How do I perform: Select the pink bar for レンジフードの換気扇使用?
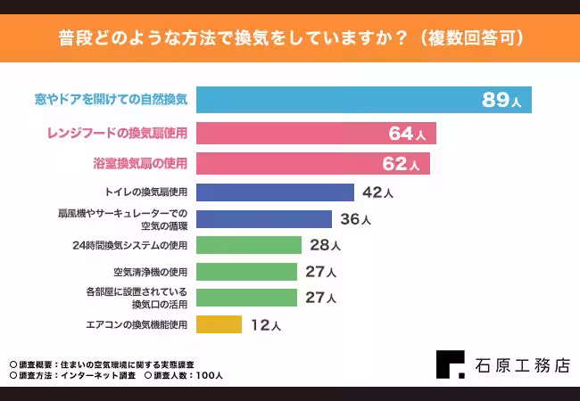316,134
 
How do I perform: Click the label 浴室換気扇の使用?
140,164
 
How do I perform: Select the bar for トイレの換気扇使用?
275,192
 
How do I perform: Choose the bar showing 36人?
264,219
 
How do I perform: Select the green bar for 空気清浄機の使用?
246,272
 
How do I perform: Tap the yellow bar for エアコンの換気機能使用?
219,324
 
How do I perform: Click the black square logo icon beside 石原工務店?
450,364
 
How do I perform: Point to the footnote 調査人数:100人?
187,375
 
